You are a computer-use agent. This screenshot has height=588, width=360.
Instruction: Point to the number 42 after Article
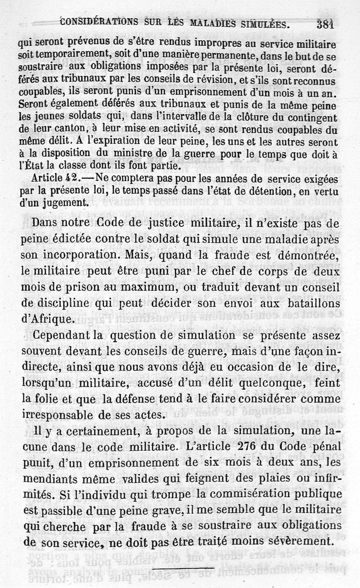click(x=72, y=177)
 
